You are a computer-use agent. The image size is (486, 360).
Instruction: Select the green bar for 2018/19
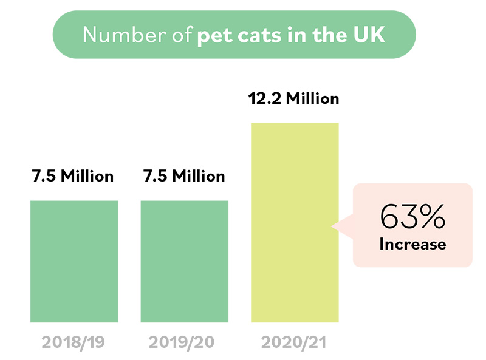(74, 261)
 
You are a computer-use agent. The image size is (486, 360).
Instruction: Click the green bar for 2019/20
(185, 261)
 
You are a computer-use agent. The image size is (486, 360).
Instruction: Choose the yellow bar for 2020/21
(295, 222)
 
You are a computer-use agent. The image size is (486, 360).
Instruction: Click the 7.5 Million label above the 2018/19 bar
(73, 177)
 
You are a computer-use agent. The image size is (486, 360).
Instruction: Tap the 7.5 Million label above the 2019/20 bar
(184, 177)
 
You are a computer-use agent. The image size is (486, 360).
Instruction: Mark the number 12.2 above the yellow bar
(265, 98)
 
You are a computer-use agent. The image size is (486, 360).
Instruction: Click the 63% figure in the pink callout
(412, 216)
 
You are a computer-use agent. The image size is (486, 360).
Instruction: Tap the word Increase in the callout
(412, 245)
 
